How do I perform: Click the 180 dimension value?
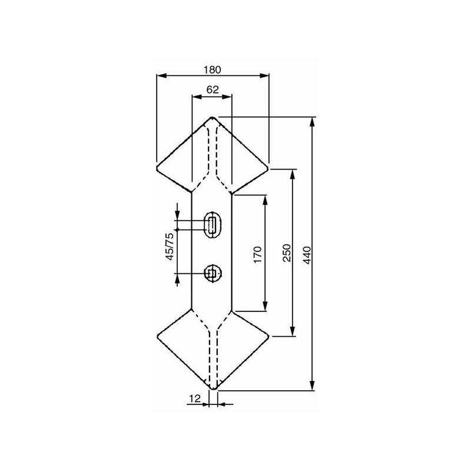(213, 69)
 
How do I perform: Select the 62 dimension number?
(213, 90)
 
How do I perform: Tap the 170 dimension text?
(258, 254)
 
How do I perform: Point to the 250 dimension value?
(287, 253)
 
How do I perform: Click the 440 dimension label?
(307, 255)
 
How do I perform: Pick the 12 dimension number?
(195, 399)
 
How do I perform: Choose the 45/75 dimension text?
(170, 246)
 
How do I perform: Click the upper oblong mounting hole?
(213, 225)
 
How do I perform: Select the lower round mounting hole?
(213, 273)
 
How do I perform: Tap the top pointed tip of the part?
(213, 117)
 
